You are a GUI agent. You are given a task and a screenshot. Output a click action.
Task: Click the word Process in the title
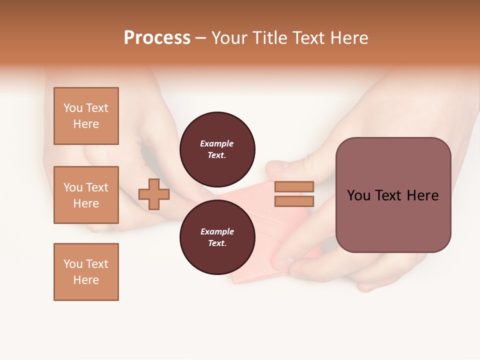coord(157,38)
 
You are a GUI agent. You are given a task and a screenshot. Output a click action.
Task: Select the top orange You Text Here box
coord(86,116)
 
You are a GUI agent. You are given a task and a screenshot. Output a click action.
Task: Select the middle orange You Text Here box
coord(86,195)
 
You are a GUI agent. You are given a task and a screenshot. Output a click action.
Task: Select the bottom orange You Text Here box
coord(86,272)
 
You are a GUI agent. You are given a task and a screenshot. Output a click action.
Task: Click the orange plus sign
coord(154,194)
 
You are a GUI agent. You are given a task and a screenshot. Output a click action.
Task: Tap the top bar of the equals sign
coord(294,186)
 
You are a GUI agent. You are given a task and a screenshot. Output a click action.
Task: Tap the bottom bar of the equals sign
coord(294,201)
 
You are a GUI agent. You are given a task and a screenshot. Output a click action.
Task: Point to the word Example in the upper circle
coord(217,143)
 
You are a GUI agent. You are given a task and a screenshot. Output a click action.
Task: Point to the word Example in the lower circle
coord(217,231)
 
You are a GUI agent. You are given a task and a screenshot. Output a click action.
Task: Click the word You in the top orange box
coord(73,108)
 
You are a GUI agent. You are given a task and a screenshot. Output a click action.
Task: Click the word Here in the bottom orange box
coord(86,280)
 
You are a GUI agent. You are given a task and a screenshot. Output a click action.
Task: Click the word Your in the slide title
coord(230,38)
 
